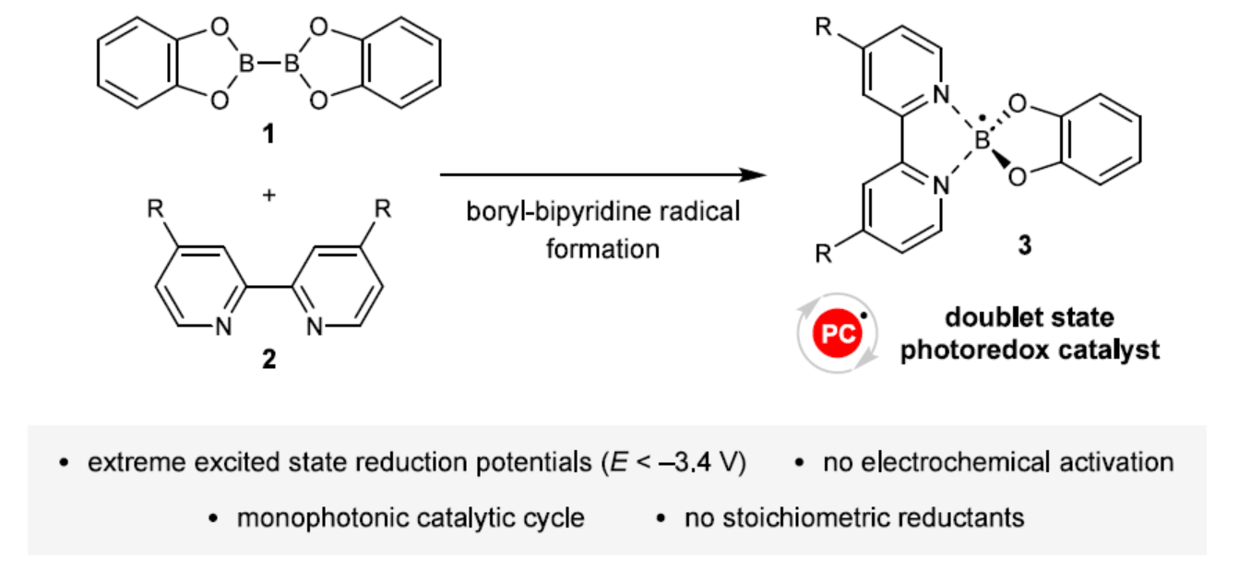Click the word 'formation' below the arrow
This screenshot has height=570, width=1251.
(x=602, y=248)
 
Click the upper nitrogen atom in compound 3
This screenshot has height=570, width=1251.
(x=939, y=93)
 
